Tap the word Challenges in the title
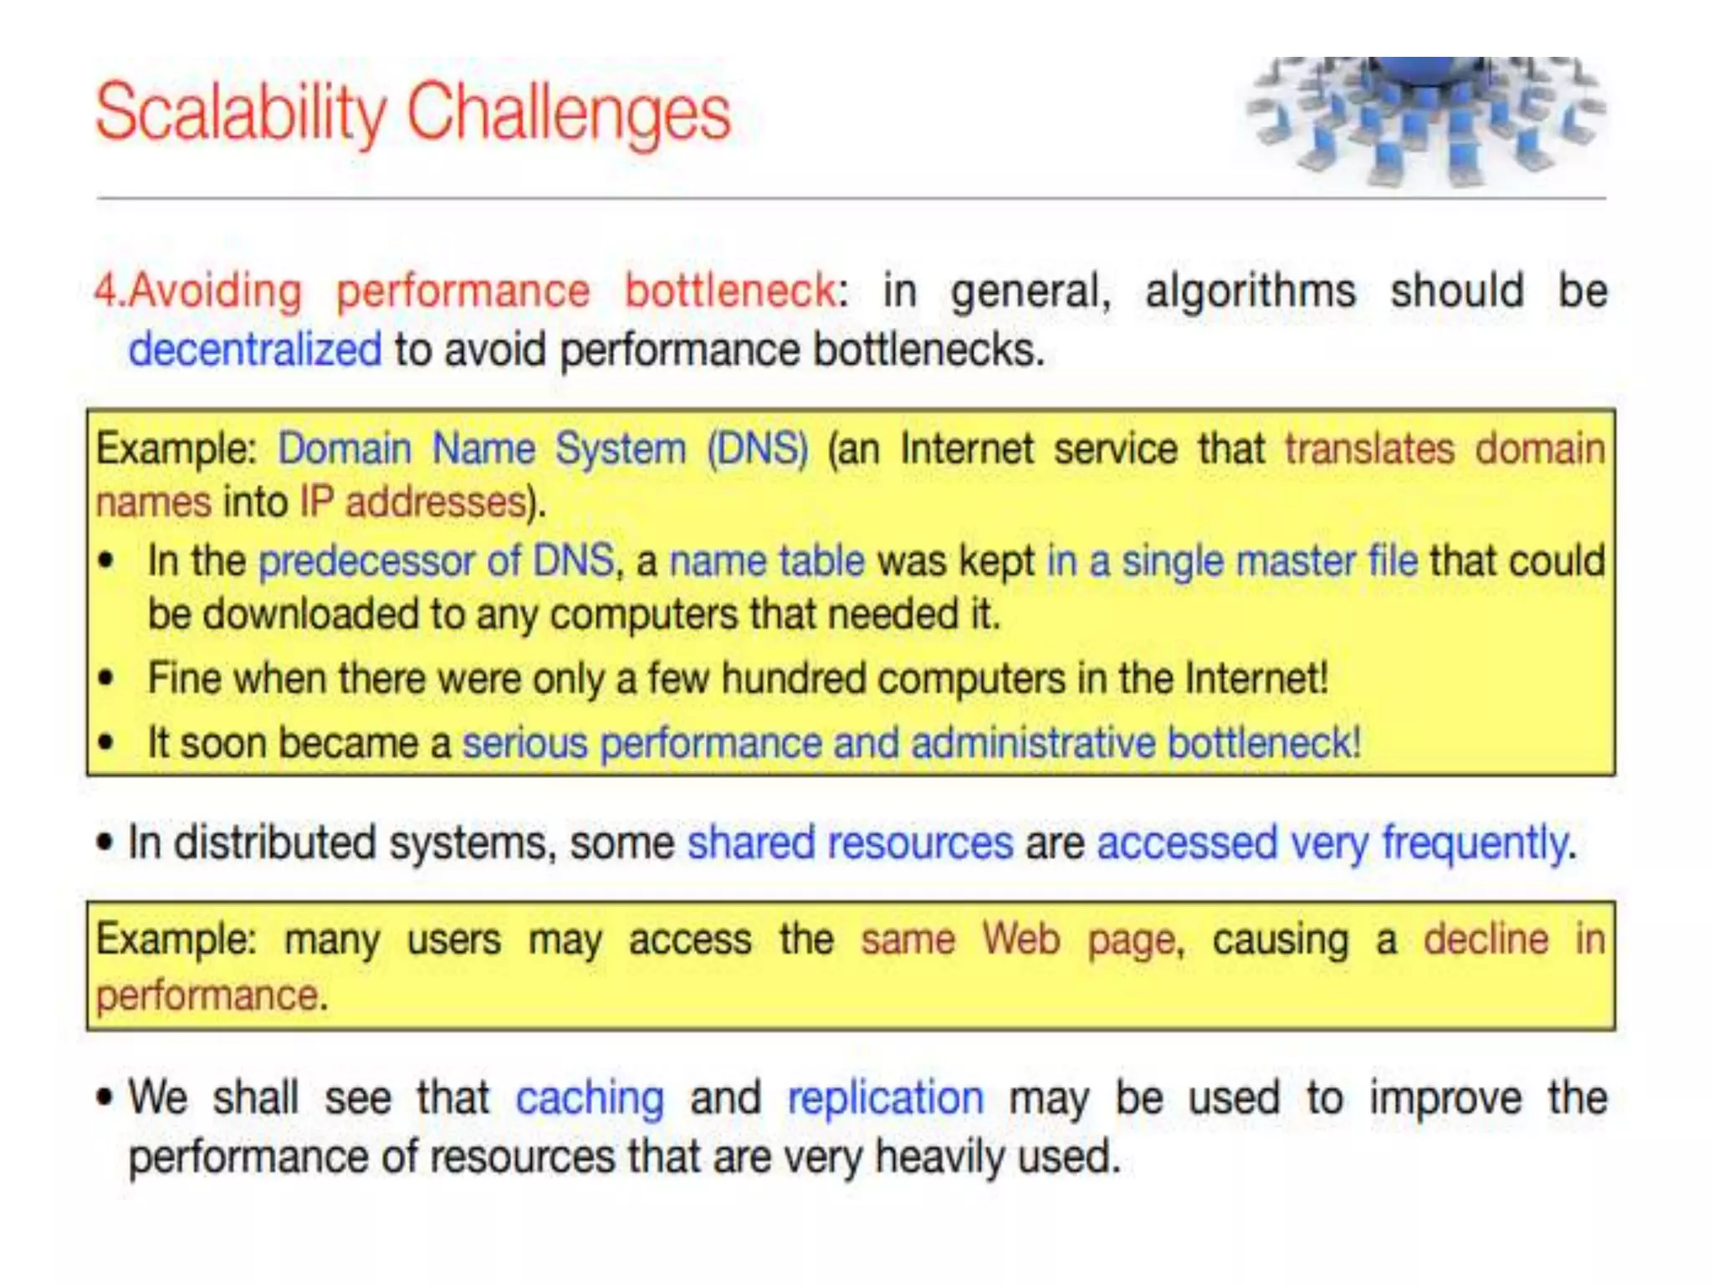569,113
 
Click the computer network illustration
1424,121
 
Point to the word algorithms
1250,291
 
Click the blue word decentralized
254,349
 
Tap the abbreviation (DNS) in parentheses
757,448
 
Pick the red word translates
1369,448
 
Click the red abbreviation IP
317,503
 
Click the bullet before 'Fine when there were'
105,678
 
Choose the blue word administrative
1033,743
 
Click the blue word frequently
1474,842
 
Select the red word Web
1020,939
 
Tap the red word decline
1485,939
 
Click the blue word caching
590,1098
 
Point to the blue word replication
885,1098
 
